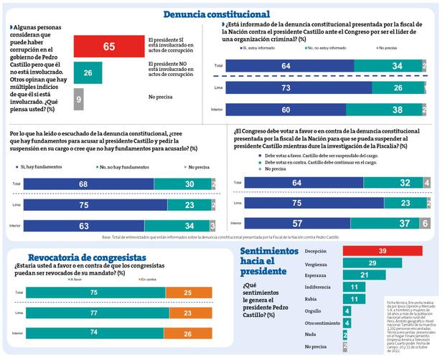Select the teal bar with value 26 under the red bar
point(87,73)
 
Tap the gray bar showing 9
point(78,98)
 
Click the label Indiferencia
point(319,288)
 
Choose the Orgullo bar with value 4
point(347,311)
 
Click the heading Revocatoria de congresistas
point(87,257)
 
